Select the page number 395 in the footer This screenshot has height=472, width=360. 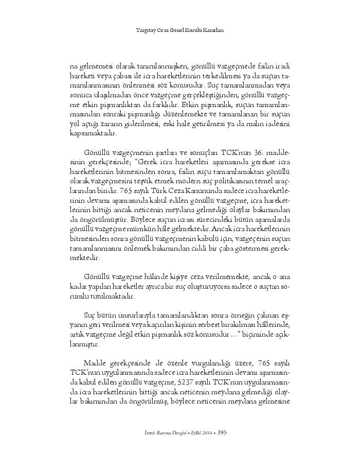click(222, 432)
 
